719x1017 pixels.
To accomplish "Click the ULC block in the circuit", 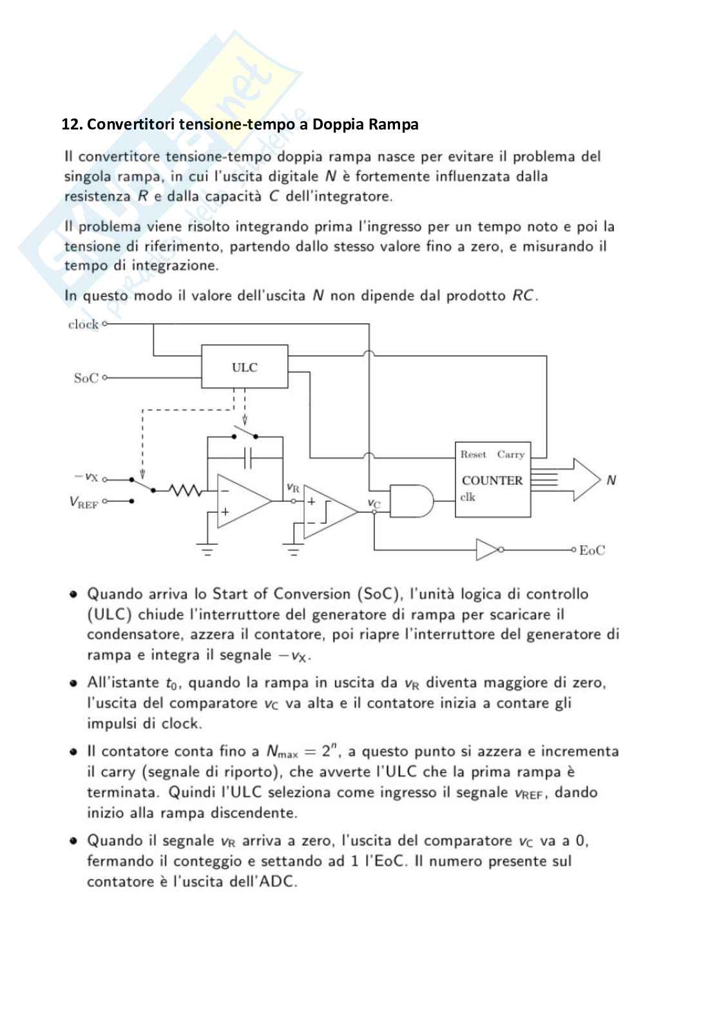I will (244, 367).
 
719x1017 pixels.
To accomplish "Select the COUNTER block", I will (492, 480).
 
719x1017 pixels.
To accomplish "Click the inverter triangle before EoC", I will (487, 549).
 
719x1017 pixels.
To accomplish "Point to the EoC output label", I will (592, 550).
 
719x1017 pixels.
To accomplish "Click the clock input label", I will (83, 325).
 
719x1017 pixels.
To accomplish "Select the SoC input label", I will (86, 378).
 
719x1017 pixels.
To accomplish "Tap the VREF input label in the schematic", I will (84, 502).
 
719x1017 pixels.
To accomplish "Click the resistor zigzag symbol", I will (185, 491).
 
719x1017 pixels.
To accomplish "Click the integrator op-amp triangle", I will (242, 501).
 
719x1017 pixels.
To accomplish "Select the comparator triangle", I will (329, 511).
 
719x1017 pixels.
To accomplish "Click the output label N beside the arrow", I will (611, 480).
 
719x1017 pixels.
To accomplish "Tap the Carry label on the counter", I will (510, 455).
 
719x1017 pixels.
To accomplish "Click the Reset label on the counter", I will (474, 455).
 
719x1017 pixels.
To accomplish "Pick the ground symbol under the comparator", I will (294, 551).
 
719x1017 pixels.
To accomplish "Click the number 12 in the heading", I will (70, 124).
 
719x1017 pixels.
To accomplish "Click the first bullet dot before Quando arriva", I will (74, 594).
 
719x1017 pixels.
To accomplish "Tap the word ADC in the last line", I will (278, 881).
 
